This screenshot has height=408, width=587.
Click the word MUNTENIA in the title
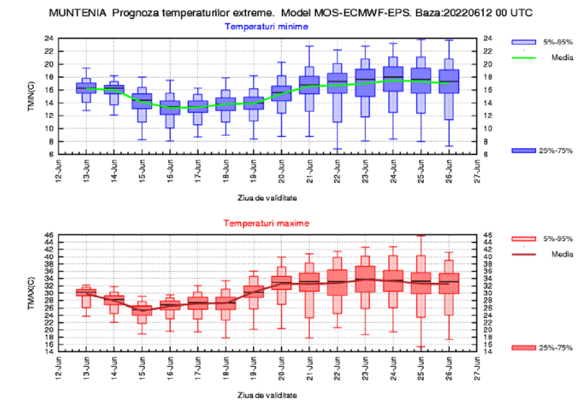[x=78, y=14]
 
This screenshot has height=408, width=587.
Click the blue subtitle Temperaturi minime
[x=266, y=26]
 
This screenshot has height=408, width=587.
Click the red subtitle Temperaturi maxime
[x=266, y=223]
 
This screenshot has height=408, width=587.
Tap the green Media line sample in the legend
[x=523, y=58]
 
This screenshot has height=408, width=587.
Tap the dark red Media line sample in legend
[x=523, y=254]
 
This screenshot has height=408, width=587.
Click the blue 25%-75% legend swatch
[x=523, y=151]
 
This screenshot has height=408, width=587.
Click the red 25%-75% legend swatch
[x=523, y=347]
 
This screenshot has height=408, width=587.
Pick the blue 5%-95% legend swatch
[x=523, y=42]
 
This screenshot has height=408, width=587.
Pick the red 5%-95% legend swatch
[x=523, y=239]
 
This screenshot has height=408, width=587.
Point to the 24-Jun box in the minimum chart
[x=393, y=79]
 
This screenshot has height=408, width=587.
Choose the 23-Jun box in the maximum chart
[x=365, y=279]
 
